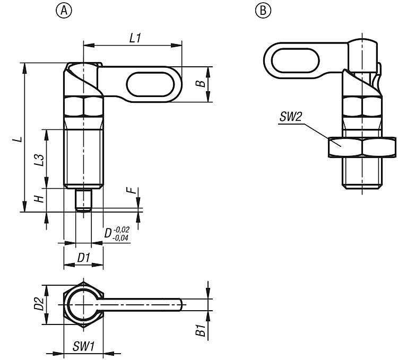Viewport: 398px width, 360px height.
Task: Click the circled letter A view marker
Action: [x=64, y=11]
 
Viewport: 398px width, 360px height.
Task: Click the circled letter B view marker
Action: [x=263, y=11]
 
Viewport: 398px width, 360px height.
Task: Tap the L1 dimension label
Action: [x=135, y=39]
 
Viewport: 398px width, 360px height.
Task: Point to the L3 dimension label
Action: [x=40, y=160]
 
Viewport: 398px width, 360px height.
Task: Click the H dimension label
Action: [x=40, y=199]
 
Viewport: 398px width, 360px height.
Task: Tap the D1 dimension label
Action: [x=83, y=258]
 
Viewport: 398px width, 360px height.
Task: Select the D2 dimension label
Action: [x=39, y=304]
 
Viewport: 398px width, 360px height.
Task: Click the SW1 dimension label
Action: [x=84, y=346]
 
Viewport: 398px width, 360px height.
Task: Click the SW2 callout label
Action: [x=291, y=117]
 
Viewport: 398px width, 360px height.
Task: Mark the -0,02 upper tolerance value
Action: [x=122, y=230]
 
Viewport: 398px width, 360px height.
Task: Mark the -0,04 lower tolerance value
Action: [x=120, y=238]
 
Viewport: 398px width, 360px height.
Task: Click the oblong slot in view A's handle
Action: [x=150, y=84]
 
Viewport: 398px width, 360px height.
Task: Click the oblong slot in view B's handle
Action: [x=295, y=60]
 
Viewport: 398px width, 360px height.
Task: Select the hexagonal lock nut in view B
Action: [x=362, y=147]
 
